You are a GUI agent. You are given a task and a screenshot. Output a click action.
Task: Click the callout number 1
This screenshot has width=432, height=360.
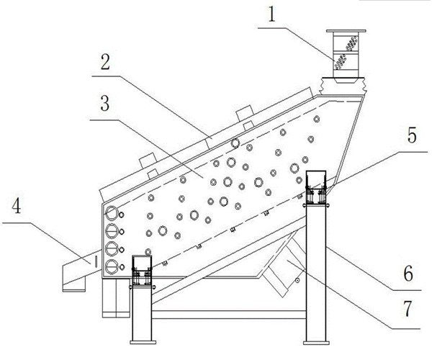(x=271, y=14)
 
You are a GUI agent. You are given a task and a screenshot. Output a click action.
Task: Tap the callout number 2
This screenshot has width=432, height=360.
(x=105, y=62)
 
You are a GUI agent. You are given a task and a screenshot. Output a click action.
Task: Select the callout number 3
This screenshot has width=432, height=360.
(x=104, y=104)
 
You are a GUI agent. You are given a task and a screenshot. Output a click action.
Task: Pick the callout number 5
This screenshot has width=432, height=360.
(x=412, y=135)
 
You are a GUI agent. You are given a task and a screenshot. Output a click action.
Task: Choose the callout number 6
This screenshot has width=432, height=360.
(x=408, y=274)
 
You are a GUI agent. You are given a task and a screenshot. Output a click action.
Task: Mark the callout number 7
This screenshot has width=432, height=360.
(x=408, y=308)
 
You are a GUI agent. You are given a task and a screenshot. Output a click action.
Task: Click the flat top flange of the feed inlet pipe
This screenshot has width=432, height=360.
(x=346, y=31)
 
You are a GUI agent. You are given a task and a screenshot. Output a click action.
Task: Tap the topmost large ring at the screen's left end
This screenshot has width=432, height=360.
(x=112, y=213)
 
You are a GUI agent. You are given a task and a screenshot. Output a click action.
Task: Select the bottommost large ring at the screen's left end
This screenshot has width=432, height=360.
(x=112, y=266)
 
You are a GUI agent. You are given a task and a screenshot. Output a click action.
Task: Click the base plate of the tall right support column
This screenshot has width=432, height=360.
(x=316, y=343)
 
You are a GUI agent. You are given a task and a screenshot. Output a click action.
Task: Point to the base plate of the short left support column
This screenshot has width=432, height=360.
(x=143, y=343)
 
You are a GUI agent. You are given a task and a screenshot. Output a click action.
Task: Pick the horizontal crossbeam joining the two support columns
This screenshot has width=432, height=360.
(x=229, y=315)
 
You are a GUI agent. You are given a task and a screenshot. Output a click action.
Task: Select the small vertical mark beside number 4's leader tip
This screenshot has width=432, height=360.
(x=96, y=262)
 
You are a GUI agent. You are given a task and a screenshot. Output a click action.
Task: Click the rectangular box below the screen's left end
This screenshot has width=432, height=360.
(x=116, y=298)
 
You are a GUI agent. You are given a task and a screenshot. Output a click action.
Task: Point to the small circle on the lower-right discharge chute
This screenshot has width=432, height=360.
(x=297, y=280)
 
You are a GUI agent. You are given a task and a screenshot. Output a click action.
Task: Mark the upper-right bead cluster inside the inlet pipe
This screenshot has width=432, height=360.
(x=351, y=43)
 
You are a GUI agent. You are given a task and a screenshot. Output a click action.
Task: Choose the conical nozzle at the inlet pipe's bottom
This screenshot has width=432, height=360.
(x=346, y=80)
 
